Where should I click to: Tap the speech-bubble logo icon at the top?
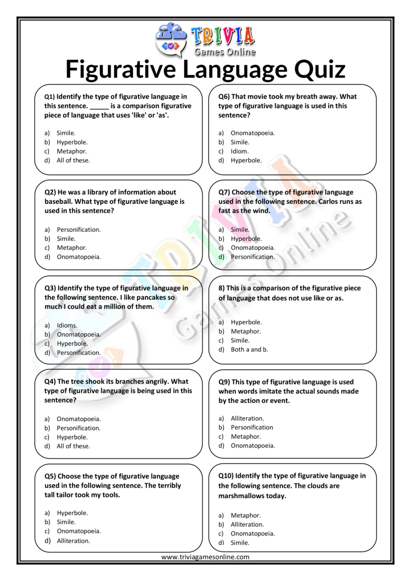point(170,39)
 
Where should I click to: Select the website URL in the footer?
point(205,557)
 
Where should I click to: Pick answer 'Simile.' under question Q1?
point(66,133)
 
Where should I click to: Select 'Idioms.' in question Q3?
point(67,325)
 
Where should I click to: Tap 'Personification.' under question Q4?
point(78,428)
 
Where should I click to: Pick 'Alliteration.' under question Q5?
point(74,541)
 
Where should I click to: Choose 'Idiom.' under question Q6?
point(240,151)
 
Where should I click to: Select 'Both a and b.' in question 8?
point(249,349)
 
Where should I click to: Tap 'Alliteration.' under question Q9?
point(247,418)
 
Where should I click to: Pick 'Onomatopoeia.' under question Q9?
point(253,445)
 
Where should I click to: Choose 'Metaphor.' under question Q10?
point(245,515)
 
